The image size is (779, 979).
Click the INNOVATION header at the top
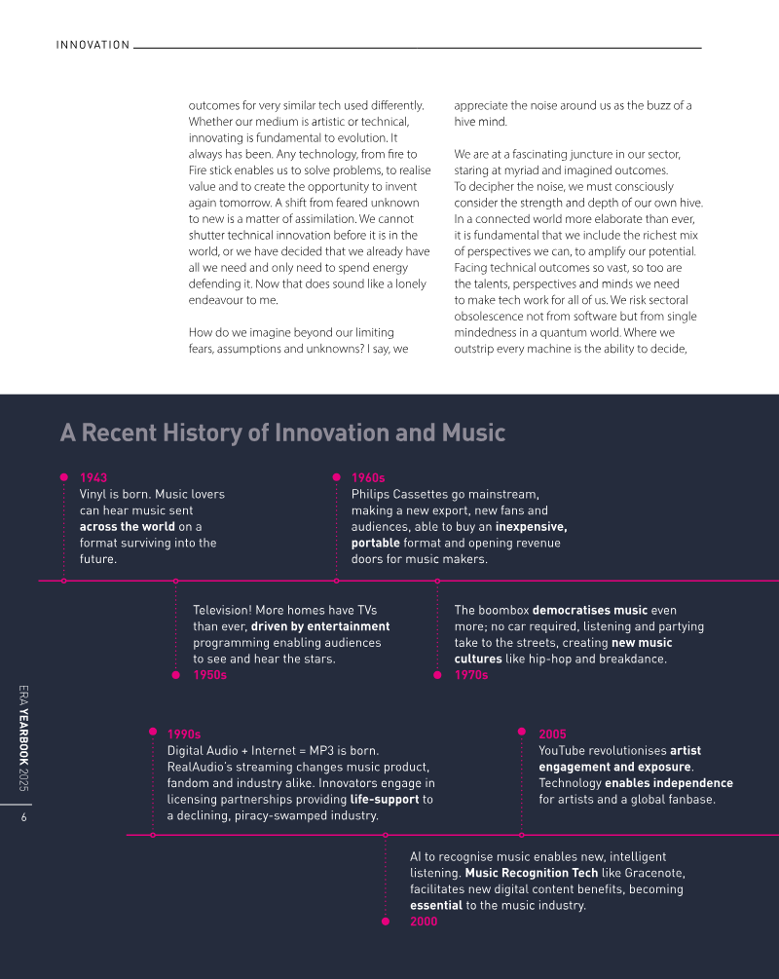click(x=93, y=45)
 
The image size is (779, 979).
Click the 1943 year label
click(x=93, y=477)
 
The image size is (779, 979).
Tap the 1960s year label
click(x=368, y=477)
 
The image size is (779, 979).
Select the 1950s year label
click(x=210, y=675)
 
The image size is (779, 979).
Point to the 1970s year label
click(x=471, y=675)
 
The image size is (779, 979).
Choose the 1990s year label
click(x=184, y=734)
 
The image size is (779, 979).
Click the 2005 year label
click(x=552, y=734)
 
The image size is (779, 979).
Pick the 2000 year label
click(x=424, y=922)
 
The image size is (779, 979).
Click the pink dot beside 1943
click(x=64, y=477)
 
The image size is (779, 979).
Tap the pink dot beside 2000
click(x=386, y=922)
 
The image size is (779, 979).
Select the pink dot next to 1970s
click(x=437, y=675)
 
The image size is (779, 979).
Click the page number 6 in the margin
click(x=22, y=817)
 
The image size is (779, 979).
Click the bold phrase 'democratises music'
click(x=590, y=611)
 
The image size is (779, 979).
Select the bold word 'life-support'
click(x=385, y=799)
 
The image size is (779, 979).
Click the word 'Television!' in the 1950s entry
click(x=224, y=611)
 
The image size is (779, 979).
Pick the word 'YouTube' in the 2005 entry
click(x=564, y=751)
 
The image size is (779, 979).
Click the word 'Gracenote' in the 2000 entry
click(x=653, y=873)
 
